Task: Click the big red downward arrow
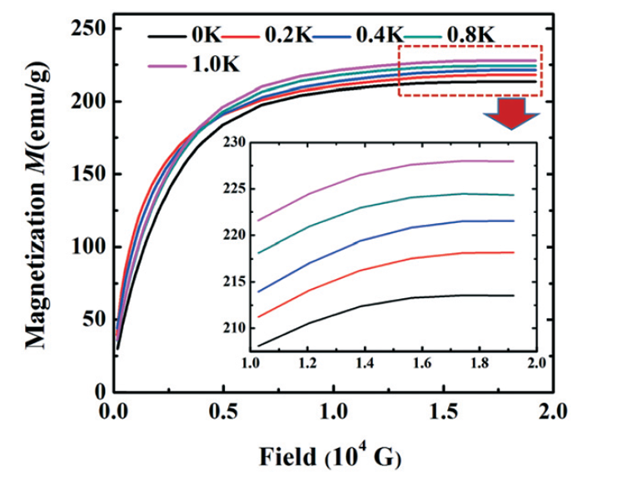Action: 511,113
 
